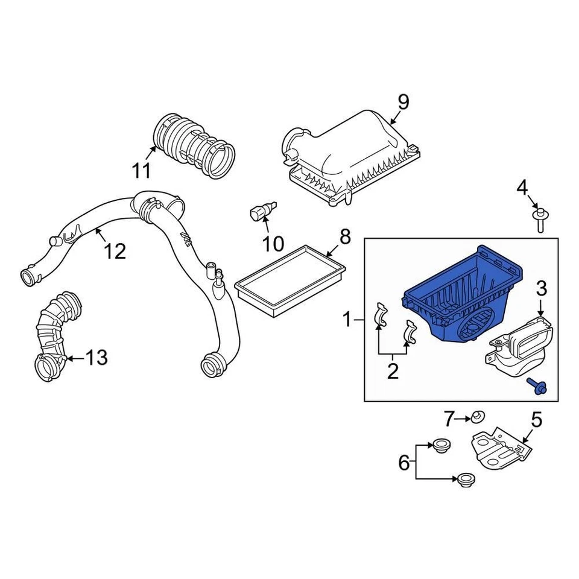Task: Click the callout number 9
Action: [403, 102]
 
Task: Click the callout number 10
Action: [273, 244]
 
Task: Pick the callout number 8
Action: [344, 236]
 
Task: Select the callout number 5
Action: [536, 418]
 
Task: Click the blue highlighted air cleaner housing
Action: [458, 296]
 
